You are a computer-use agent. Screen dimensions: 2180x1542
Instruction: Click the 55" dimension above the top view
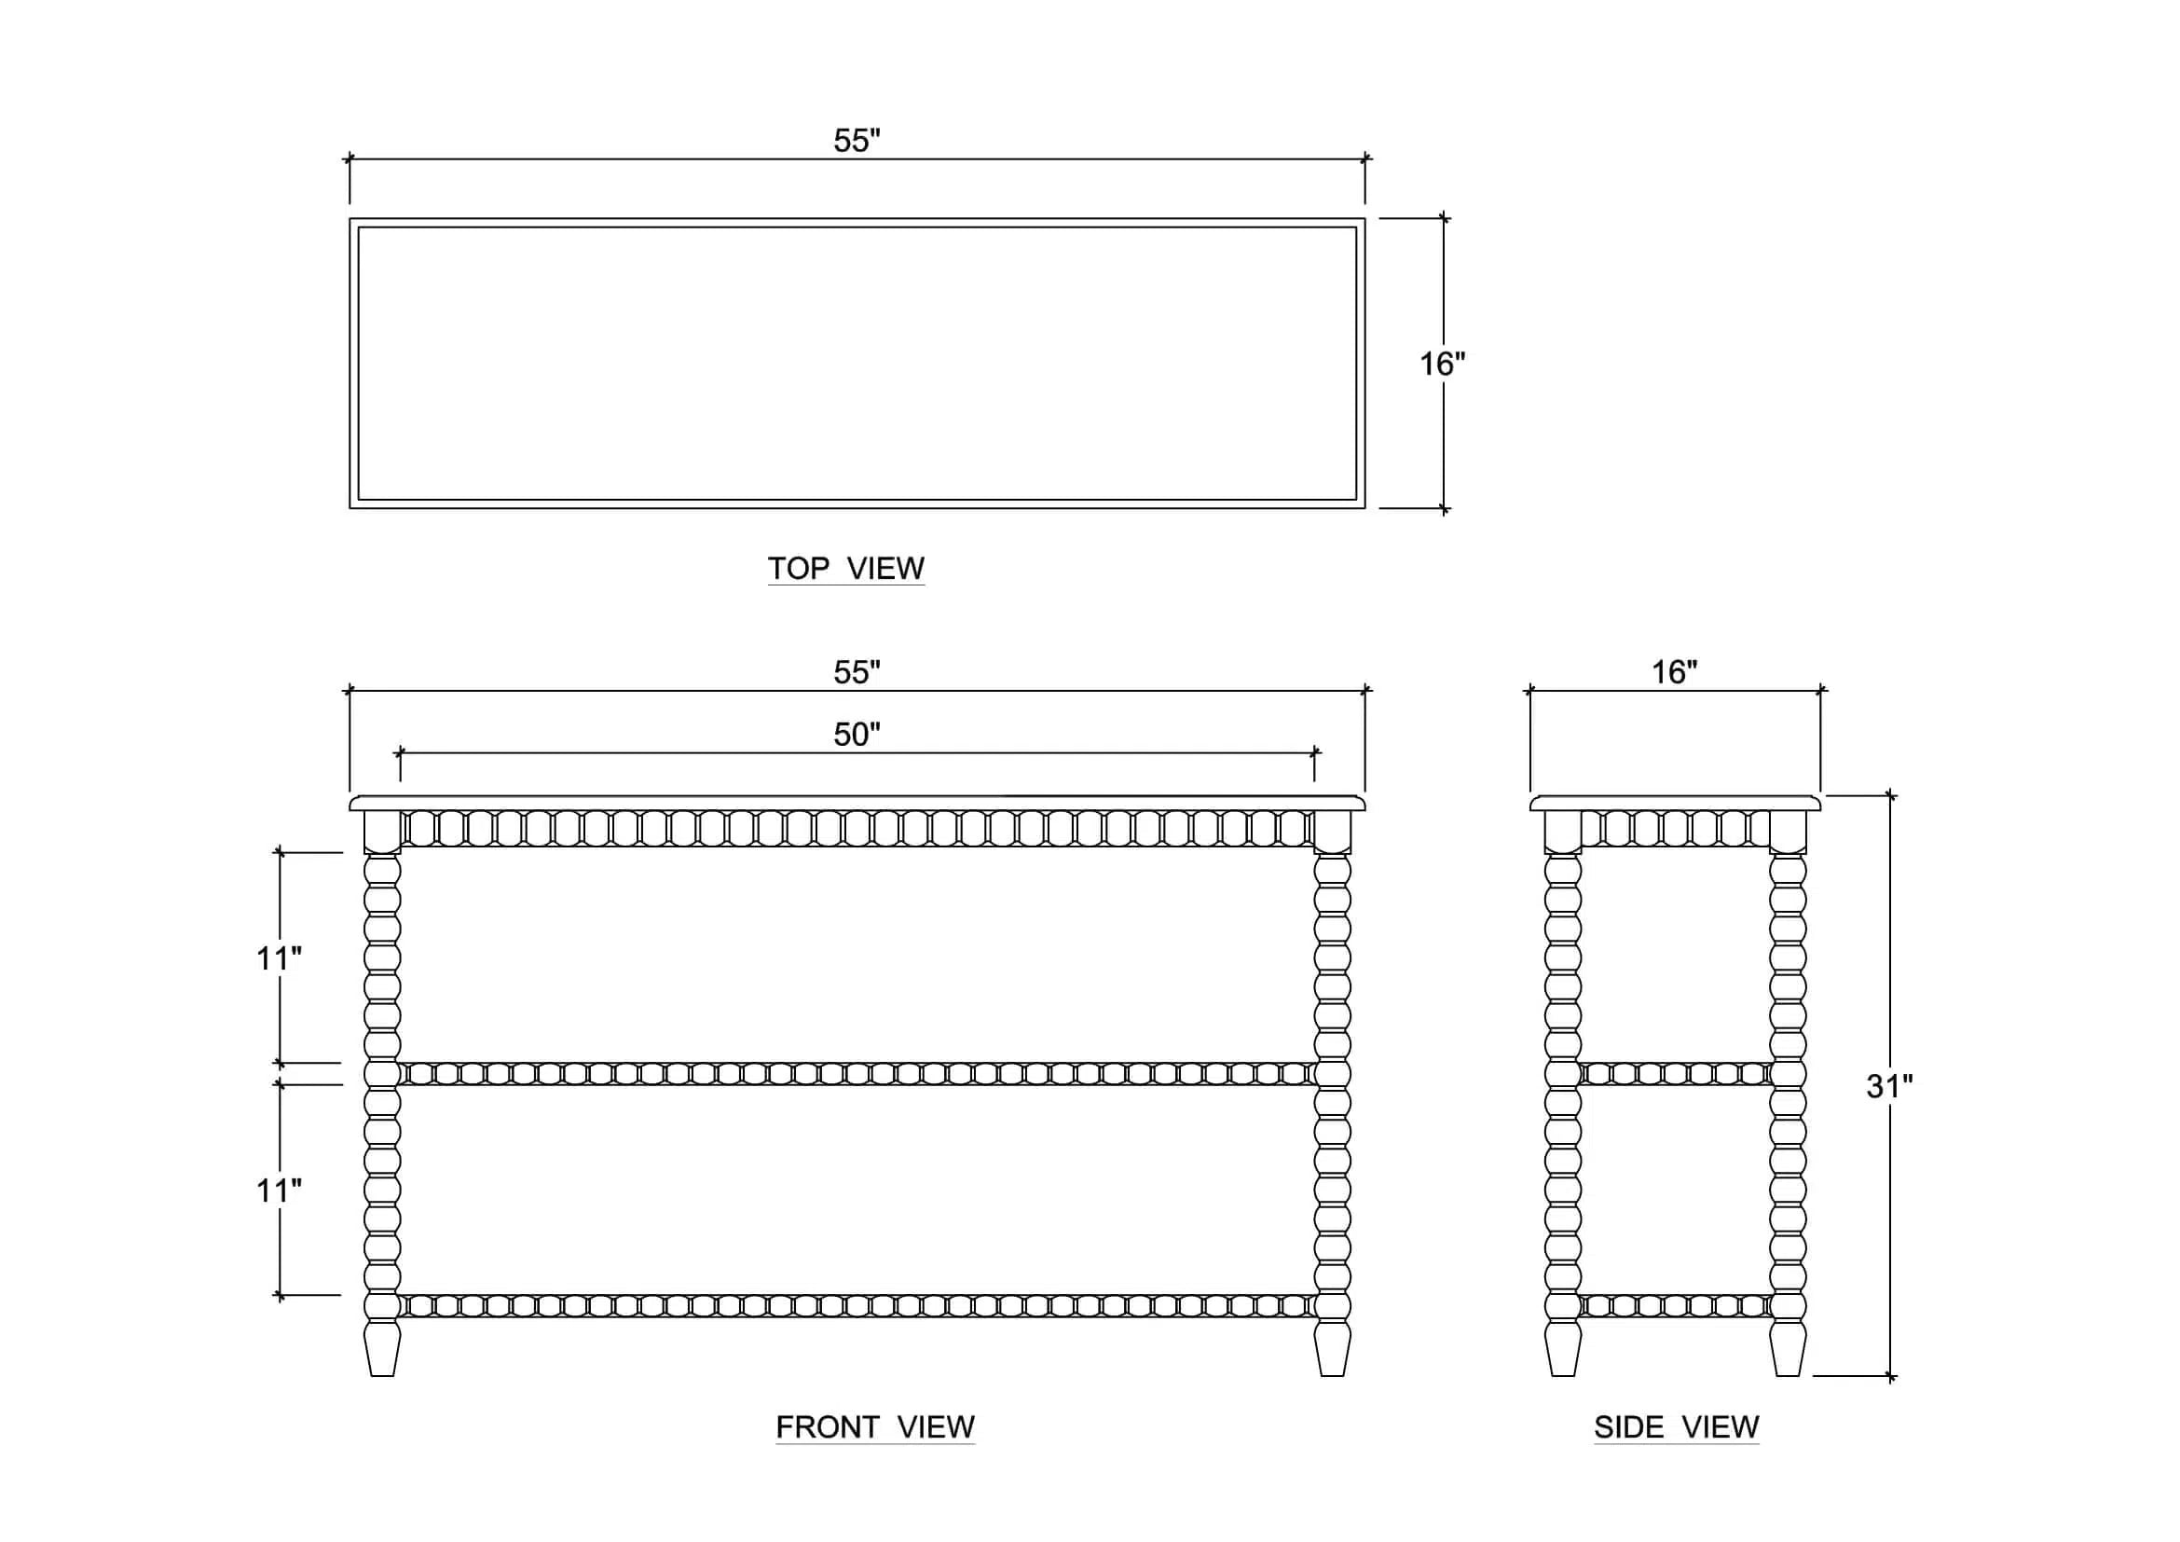(x=857, y=141)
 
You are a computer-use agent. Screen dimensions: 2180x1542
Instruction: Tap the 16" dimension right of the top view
(x=1442, y=364)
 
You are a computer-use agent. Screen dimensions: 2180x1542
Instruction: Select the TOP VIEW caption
(x=846, y=568)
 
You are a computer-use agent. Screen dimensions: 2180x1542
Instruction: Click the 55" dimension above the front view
(x=857, y=672)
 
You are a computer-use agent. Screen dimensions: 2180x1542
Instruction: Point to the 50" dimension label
(x=857, y=734)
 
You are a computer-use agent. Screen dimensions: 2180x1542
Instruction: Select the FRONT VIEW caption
(x=874, y=1427)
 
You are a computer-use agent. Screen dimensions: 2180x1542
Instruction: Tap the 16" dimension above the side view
(x=1674, y=672)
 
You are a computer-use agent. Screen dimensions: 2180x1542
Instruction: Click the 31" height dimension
(x=1889, y=1086)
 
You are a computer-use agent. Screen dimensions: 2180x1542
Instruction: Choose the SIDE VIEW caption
(x=1676, y=1427)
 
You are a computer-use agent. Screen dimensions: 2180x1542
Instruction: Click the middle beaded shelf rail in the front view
(x=857, y=1074)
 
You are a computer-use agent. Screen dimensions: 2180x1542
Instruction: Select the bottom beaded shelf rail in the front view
(x=857, y=1305)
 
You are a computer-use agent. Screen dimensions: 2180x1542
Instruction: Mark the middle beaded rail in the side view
(x=1676, y=1074)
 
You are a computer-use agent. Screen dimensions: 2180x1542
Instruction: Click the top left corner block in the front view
(x=383, y=832)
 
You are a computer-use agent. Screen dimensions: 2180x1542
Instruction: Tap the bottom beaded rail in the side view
(x=1676, y=1305)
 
